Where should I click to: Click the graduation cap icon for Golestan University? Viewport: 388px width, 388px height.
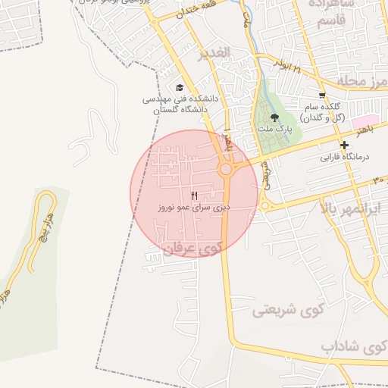[179, 87]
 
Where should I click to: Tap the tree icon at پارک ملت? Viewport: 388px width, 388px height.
[274, 117]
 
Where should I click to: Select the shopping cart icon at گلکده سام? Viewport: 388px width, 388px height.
[322, 96]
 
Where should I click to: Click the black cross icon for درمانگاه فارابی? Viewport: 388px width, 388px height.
[345, 145]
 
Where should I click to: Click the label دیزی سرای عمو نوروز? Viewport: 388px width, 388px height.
[193, 207]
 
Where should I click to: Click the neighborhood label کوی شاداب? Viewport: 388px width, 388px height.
[353, 347]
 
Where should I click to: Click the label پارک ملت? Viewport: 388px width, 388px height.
[273, 130]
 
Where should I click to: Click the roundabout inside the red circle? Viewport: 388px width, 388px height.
[226, 170]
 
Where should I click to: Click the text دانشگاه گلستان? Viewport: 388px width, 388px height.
[180, 110]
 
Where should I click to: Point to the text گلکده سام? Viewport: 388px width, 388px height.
[327, 108]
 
